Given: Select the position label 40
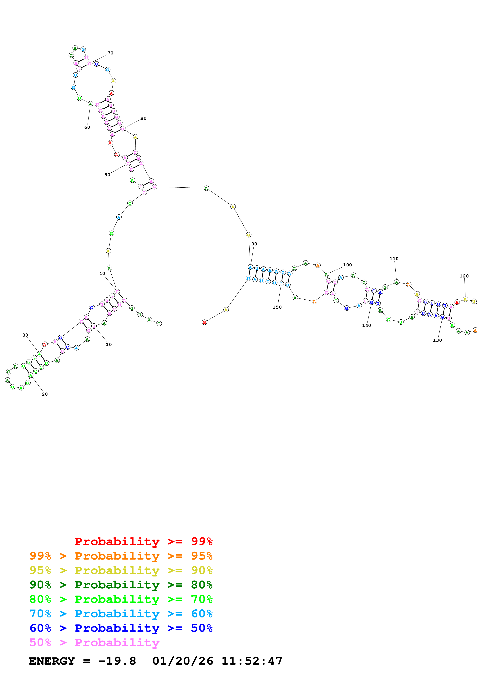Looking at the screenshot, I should click(102, 273).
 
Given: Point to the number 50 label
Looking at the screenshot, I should click(107, 175).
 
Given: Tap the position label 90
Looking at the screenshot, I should click(254, 244).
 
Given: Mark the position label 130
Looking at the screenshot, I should click(437, 340).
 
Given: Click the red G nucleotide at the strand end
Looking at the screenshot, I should click(205, 322).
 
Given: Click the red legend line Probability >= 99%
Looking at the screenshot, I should click(143, 541).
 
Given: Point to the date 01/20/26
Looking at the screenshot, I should click(183, 661).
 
